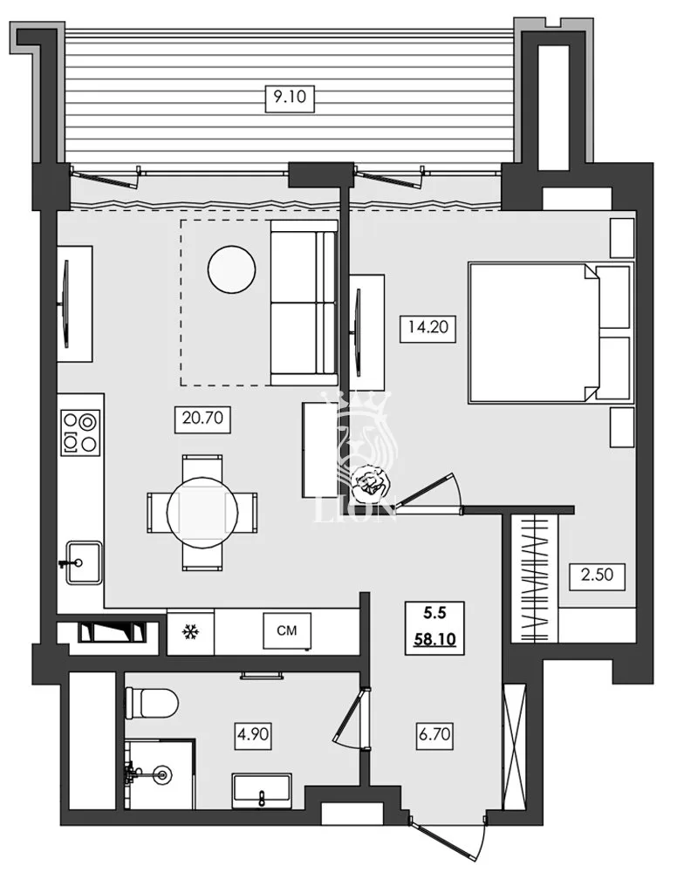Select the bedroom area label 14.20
[418, 329]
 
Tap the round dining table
[202, 512]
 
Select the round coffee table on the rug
[232, 269]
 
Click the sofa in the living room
[303, 303]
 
